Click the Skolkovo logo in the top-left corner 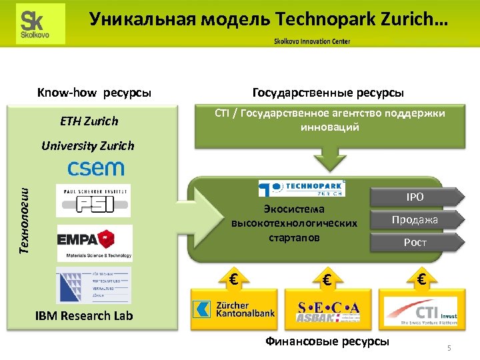pyautogui.click(x=41, y=23)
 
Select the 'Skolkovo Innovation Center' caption pyautogui.click(x=312, y=41)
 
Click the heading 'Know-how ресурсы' pyautogui.click(x=94, y=92)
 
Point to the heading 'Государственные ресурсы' pyautogui.click(x=328, y=92)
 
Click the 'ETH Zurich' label pyautogui.click(x=89, y=121)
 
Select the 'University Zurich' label pyautogui.click(x=87, y=145)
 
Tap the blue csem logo pyautogui.click(x=95, y=167)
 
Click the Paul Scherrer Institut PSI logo pyautogui.click(x=93, y=200)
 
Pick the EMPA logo pyautogui.click(x=94, y=242)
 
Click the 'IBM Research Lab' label pyautogui.click(x=84, y=315)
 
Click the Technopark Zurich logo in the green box pyautogui.click(x=302, y=188)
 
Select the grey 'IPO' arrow pyautogui.click(x=415, y=197)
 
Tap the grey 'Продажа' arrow pyautogui.click(x=415, y=219)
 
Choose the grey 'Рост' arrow pyautogui.click(x=415, y=242)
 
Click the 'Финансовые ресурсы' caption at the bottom pyautogui.click(x=327, y=341)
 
